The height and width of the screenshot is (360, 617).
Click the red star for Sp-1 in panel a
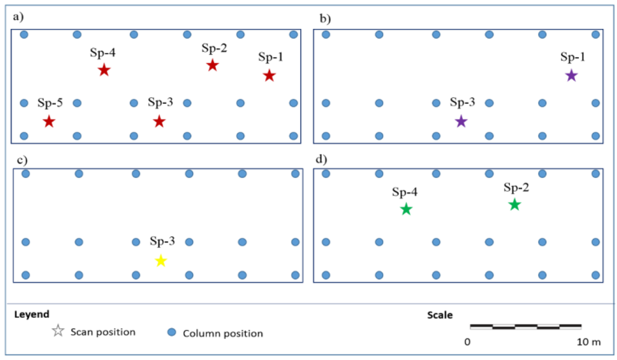click(x=269, y=76)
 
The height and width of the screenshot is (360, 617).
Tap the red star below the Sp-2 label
click(x=212, y=65)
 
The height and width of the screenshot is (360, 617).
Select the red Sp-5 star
click(x=49, y=122)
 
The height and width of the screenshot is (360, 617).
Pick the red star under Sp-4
click(x=104, y=71)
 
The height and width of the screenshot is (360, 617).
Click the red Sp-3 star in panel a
click(x=159, y=122)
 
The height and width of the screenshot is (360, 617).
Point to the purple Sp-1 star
click(x=571, y=76)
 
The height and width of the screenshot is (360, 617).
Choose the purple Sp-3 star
click(x=461, y=122)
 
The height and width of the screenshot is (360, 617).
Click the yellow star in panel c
click(x=161, y=261)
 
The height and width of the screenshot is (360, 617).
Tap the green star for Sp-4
click(x=406, y=210)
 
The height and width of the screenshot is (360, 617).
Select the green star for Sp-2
click(x=514, y=205)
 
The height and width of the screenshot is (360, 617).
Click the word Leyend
click(x=32, y=314)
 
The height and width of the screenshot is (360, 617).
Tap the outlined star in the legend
click(x=58, y=331)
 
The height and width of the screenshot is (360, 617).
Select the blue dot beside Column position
click(x=171, y=332)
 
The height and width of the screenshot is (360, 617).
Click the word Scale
click(x=440, y=315)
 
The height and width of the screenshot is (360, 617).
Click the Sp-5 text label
click(x=49, y=103)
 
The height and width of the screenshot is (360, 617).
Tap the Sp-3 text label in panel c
click(x=162, y=242)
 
